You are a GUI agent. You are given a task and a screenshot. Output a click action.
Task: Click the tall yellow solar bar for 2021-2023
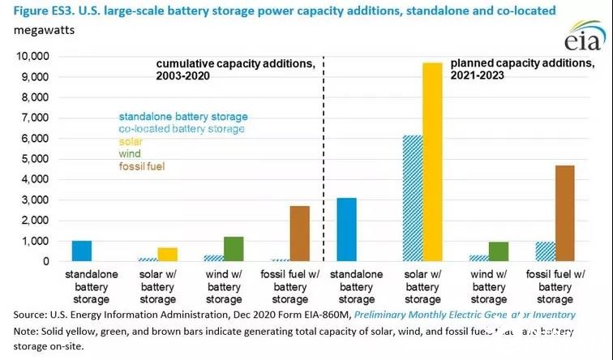tap(432, 162)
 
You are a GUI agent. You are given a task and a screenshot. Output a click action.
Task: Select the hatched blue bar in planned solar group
tap(412, 199)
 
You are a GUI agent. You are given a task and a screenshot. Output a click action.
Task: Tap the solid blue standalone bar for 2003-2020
tap(82, 251)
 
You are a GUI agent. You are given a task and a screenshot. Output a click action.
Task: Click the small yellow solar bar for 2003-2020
tap(168, 255)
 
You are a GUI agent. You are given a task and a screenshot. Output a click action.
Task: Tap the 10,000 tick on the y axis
tap(30, 56)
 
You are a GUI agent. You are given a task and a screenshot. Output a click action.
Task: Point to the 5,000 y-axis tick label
tap(33, 159)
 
